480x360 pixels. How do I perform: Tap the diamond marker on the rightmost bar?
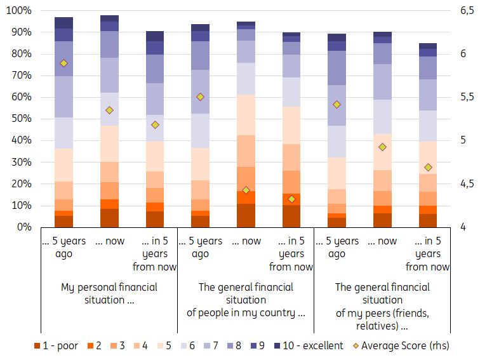tap(428, 168)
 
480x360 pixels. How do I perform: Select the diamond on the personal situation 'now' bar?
tap(109, 110)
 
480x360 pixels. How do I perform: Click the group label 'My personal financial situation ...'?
tap(109, 293)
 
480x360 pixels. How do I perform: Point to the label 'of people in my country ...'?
tap(246, 312)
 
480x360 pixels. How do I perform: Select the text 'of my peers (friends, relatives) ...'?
tap(382, 319)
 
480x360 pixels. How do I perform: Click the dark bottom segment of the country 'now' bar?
tap(246, 215)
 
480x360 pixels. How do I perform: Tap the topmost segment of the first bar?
tap(63, 22)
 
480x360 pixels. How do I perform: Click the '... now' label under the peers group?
tap(382, 241)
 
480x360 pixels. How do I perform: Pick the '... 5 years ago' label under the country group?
tap(200, 248)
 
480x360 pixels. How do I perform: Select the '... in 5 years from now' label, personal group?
tap(155, 254)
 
